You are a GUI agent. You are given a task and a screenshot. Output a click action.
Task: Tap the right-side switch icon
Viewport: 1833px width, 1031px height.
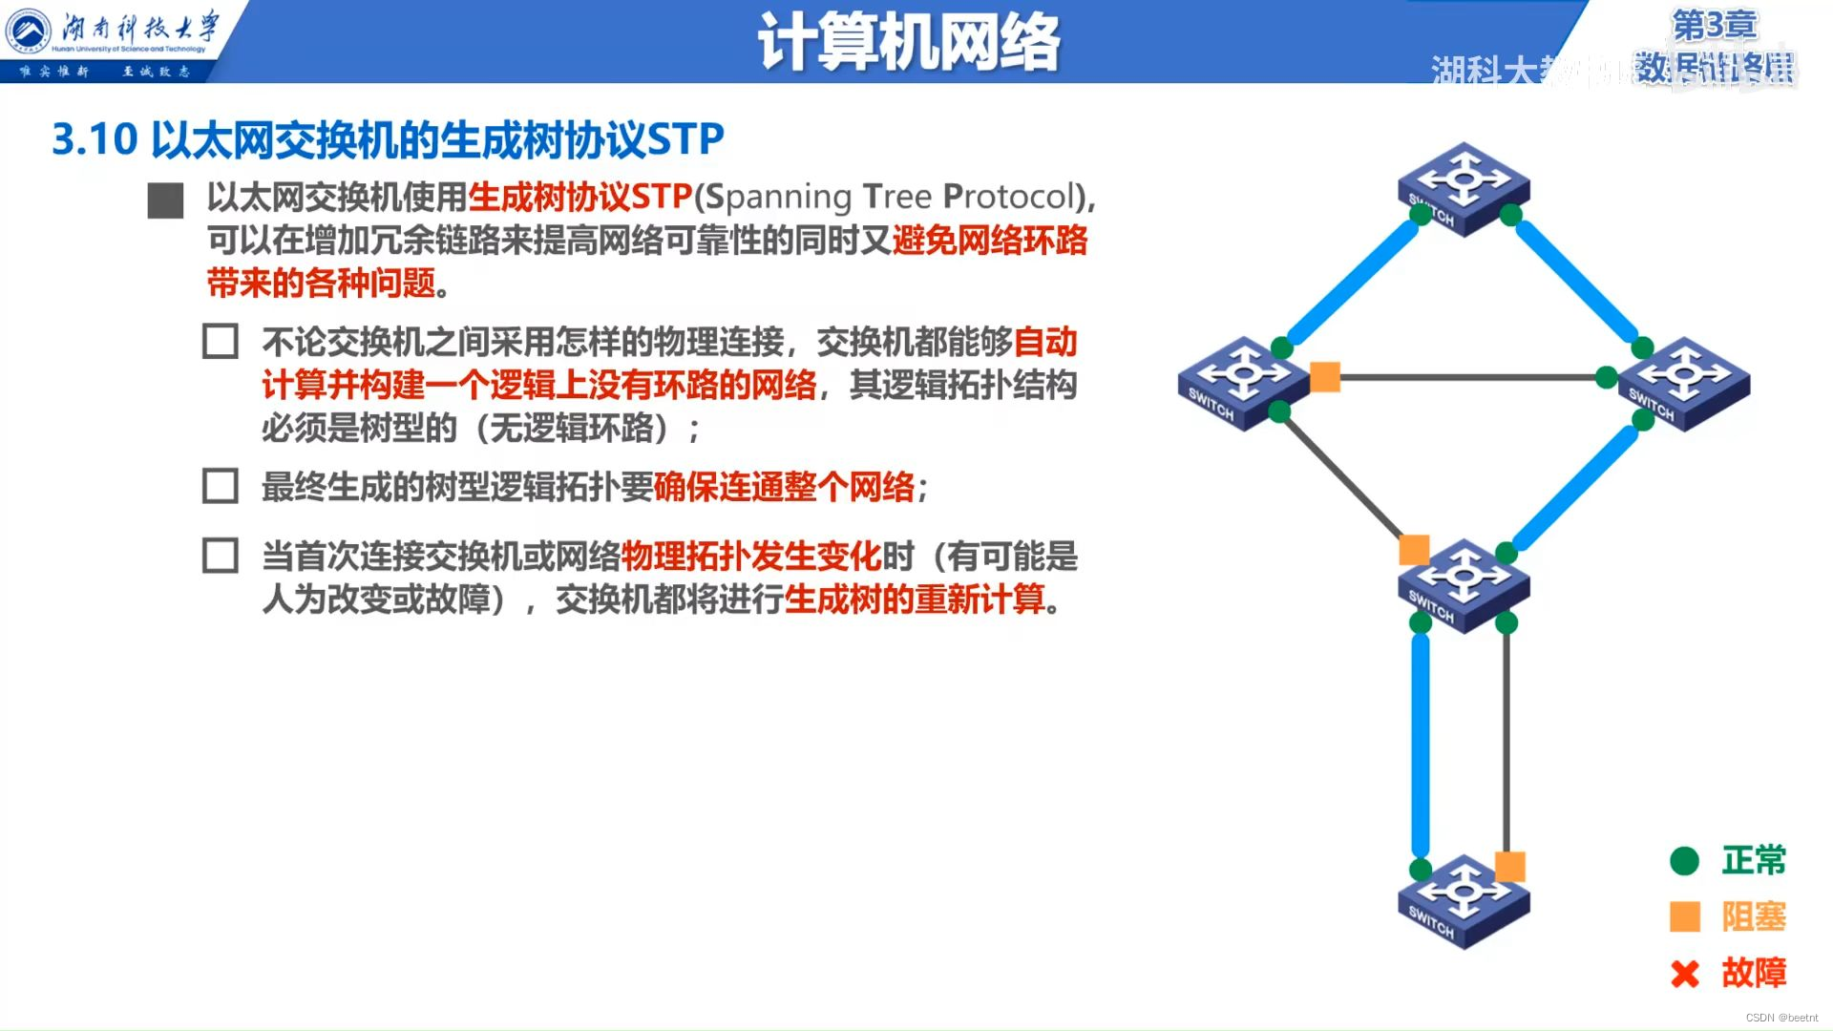click(x=1684, y=383)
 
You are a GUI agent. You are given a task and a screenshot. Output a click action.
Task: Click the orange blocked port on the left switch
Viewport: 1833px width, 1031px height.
click(x=1325, y=377)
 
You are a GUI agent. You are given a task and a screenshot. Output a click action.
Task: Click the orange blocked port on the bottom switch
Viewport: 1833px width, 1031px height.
click(x=1509, y=866)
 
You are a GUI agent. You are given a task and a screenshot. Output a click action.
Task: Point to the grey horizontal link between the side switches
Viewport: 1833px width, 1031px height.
click(x=1470, y=378)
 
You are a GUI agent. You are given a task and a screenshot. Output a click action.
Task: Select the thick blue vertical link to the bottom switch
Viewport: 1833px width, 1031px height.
click(x=1421, y=745)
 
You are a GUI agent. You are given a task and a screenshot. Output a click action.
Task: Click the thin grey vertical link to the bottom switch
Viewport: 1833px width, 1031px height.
click(x=1506, y=745)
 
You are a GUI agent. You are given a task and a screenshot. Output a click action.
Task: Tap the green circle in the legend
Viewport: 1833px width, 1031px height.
click(x=1685, y=861)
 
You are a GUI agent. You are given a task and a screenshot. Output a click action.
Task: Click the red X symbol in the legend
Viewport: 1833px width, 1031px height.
click(x=1685, y=974)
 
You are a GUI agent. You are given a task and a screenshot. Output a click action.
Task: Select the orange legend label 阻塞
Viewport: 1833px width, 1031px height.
click(x=1754, y=916)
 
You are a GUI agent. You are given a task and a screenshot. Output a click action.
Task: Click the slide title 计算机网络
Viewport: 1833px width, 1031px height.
click(x=908, y=42)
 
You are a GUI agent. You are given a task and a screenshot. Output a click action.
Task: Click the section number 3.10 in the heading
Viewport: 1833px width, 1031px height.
click(x=95, y=139)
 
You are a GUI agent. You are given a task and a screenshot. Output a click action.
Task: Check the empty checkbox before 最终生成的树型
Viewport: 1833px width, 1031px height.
click(x=221, y=486)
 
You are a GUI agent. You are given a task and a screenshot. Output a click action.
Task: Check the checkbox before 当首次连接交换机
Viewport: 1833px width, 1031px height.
click(x=221, y=556)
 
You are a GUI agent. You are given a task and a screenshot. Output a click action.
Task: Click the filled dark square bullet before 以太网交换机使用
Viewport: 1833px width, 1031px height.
click(x=166, y=200)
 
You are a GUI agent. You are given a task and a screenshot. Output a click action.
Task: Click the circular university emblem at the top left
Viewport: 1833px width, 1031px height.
click(x=29, y=31)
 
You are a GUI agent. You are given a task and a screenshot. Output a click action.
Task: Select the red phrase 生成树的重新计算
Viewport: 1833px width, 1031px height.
click(x=915, y=600)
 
